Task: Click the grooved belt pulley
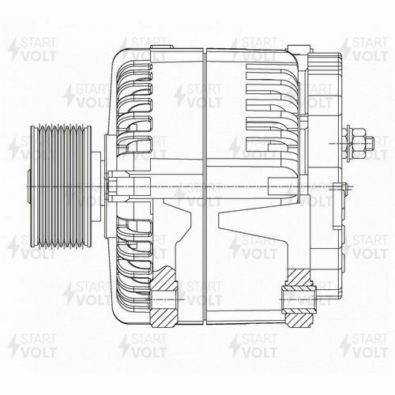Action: point(59,185)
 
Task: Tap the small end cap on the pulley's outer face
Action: point(28,186)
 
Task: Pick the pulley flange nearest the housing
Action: point(88,185)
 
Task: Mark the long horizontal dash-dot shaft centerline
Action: point(237,186)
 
